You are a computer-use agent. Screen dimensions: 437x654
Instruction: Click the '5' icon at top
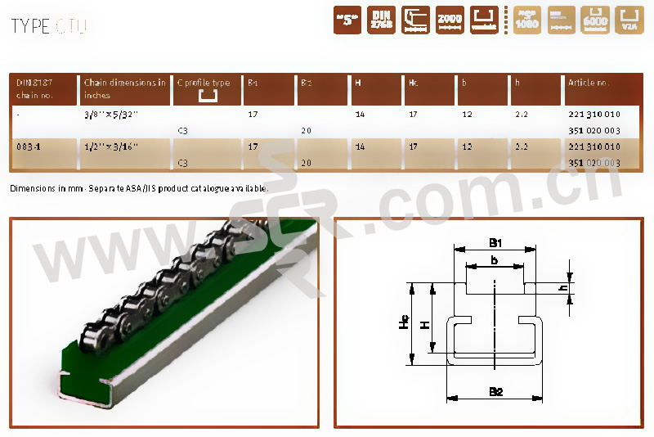click(347, 20)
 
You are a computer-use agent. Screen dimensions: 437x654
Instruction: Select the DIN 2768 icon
click(381, 20)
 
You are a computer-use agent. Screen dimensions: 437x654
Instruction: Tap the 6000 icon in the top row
click(594, 20)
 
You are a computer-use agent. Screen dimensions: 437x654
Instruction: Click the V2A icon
click(628, 20)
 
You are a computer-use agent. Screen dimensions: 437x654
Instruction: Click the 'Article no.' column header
click(589, 83)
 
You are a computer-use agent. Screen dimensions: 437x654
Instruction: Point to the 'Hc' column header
click(414, 83)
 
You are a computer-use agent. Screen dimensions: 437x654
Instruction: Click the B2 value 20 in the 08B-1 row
click(307, 162)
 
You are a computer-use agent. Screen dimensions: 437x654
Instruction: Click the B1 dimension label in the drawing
click(495, 241)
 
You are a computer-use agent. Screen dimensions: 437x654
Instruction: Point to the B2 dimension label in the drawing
click(495, 391)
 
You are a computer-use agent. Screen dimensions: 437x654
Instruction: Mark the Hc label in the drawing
click(404, 323)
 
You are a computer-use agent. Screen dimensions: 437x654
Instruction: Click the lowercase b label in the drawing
click(495, 259)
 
